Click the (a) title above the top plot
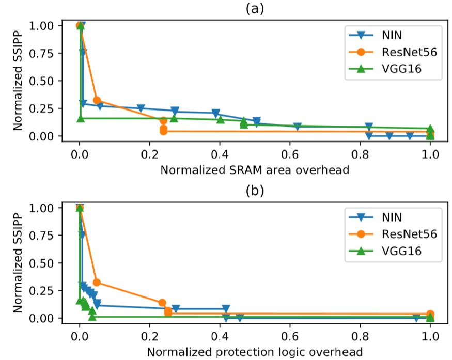click(x=255, y=8)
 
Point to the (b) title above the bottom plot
click(x=255, y=190)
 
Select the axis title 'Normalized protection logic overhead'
click(x=255, y=352)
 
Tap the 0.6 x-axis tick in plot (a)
click(x=290, y=154)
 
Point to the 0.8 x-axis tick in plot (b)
click(x=360, y=336)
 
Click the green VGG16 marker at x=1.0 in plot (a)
click(x=430, y=129)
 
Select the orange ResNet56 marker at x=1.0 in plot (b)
click(x=430, y=314)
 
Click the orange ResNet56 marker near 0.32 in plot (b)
click(x=97, y=283)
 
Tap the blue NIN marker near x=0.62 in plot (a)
click(x=298, y=127)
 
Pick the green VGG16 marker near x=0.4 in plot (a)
click(x=221, y=120)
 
